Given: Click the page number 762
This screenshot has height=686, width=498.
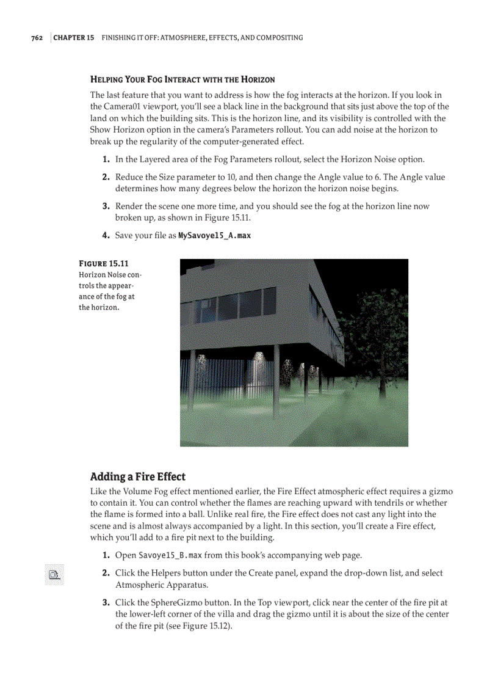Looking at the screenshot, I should [37, 38].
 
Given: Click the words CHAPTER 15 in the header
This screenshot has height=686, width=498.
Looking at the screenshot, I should [74, 38].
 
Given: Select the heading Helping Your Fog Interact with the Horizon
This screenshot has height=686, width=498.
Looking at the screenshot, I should [182, 79].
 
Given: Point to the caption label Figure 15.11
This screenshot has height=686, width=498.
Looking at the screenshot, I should [104, 264].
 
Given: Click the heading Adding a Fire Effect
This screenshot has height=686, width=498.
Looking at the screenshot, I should [138, 476].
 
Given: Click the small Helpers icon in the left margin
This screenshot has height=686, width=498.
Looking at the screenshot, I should [54, 574].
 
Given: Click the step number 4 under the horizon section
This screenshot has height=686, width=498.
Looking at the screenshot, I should [106, 235].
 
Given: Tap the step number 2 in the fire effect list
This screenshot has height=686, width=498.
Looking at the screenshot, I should [106, 573].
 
